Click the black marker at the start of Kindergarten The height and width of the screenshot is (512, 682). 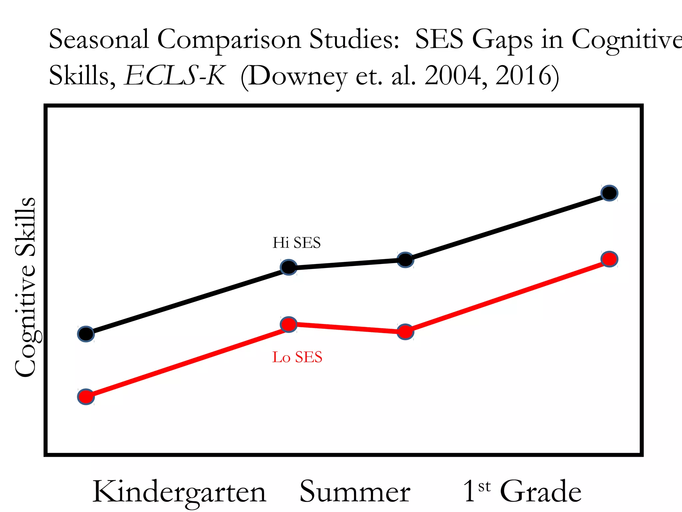[x=86, y=334]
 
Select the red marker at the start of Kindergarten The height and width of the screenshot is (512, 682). [x=86, y=397]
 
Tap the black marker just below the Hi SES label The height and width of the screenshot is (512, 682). [x=289, y=267]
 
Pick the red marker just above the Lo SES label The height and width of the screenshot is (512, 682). [x=289, y=324]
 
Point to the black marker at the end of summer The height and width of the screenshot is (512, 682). [x=405, y=260]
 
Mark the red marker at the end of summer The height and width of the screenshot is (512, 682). [x=405, y=332]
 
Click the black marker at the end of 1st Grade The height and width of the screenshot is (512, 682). [x=609, y=193]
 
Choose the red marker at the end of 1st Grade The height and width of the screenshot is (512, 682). [x=609, y=259]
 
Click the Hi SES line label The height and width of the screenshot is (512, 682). [x=296, y=243]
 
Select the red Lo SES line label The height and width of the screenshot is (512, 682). [x=297, y=357]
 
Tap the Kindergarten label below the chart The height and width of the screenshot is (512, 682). [x=179, y=492]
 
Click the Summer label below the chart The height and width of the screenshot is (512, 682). [x=355, y=492]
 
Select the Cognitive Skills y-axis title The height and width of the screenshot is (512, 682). [x=25, y=287]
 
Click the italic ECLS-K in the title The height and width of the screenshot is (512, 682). [x=174, y=76]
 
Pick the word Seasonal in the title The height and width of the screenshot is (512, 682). [x=99, y=39]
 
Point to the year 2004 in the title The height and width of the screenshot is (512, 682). [x=453, y=76]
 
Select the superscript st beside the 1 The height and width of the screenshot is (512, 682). [x=484, y=487]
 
